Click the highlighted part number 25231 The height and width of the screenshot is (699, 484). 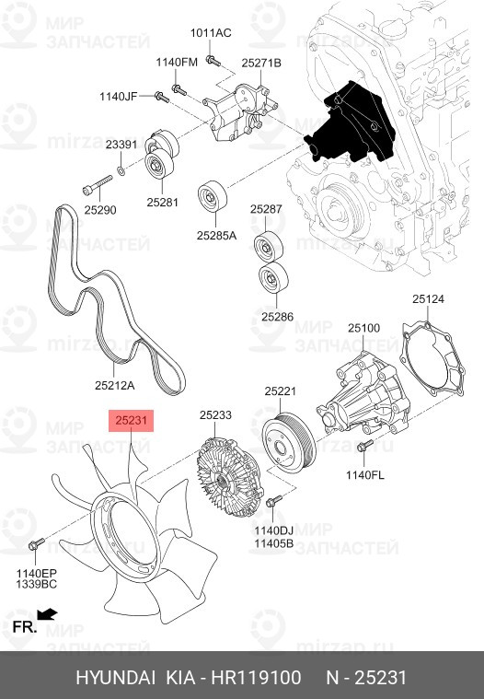(x=132, y=421)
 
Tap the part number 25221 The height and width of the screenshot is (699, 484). (x=280, y=391)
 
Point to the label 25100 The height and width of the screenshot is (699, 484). (x=363, y=328)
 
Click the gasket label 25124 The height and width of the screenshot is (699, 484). (x=428, y=299)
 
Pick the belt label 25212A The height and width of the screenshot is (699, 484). (x=115, y=385)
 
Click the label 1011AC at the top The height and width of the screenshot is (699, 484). (x=211, y=33)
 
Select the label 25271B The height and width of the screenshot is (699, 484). (x=261, y=63)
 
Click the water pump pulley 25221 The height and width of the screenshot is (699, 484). (x=288, y=443)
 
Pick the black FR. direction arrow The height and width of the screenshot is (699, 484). (x=47, y=613)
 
